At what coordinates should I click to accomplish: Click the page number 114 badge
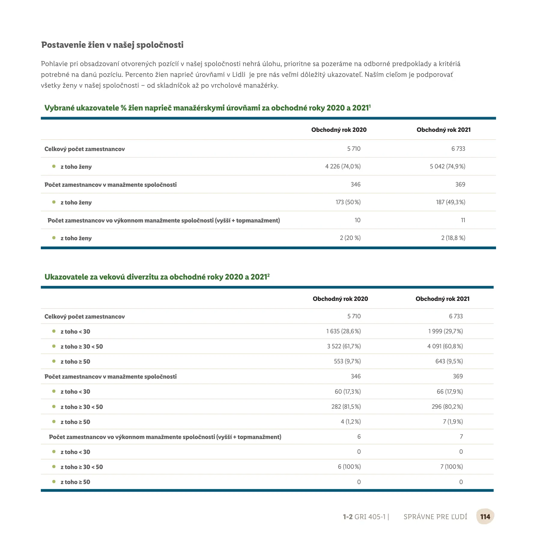tap(485, 516)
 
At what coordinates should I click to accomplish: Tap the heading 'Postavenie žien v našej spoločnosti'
tap(112, 45)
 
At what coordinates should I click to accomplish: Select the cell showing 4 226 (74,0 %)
tap(343, 166)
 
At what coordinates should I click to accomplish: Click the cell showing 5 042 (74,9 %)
tap(447, 166)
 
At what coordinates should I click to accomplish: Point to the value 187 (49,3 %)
tap(450, 202)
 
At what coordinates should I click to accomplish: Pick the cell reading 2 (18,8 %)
tap(453, 238)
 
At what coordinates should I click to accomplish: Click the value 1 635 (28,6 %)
tap(344, 331)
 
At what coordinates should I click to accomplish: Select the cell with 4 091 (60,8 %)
tap(445, 346)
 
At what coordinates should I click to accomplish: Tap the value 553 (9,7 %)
tap(347, 361)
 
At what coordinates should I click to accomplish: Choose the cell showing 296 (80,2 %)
tap(447, 407)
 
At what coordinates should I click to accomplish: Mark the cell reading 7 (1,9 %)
tap(453, 422)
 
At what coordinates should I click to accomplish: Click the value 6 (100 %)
tap(349, 467)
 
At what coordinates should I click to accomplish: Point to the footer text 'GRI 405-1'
tap(370, 517)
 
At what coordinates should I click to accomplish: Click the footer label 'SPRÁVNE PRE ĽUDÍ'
tap(435, 517)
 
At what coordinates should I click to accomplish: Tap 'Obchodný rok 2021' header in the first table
tap(444, 130)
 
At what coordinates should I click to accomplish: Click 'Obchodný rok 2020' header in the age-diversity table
tap(340, 299)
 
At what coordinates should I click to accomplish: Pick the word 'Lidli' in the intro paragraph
tap(239, 74)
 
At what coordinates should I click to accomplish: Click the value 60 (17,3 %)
tap(348, 392)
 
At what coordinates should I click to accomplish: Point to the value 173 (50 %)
tap(348, 202)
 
